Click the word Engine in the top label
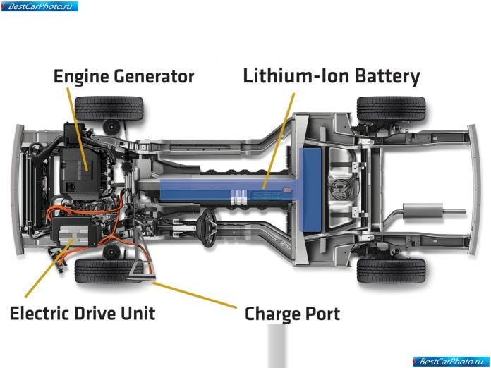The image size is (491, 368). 81,77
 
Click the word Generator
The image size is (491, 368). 154,76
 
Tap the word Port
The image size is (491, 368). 322,314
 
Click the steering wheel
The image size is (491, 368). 209,228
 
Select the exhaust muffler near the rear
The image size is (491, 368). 423,211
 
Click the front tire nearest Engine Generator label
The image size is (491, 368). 109,109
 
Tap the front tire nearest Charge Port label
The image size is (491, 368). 105,271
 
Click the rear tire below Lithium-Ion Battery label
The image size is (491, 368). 392,109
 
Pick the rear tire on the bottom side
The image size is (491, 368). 392,271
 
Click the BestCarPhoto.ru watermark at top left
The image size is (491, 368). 40,6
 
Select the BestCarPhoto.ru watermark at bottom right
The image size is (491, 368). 451,362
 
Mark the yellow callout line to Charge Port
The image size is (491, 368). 195,295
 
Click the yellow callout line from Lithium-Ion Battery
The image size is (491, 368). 279,141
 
